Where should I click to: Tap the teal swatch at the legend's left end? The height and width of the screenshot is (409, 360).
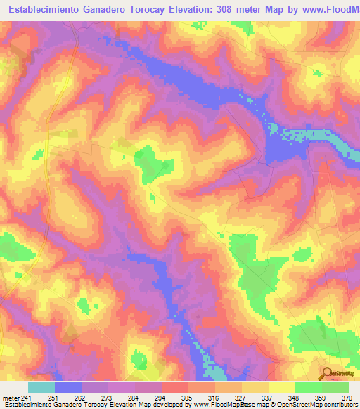point(41,387)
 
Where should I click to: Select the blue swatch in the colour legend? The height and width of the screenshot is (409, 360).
point(68,387)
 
